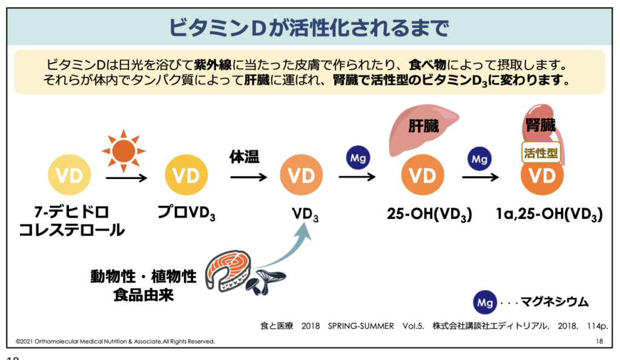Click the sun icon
pyautogui.click(x=124, y=151)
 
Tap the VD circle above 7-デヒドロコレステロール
pyautogui.click(x=70, y=175)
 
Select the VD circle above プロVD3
pyautogui.click(x=186, y=175)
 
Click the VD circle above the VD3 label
pyautogui.click(x=302, y=175)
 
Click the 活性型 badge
pyautogui.click(x=541, y=152)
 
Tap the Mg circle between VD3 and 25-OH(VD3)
pyautogui.click(x=358, y=158)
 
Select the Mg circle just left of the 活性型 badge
pyautogui.click(x=480, y=159)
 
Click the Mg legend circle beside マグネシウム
pyautogui.click(x=485, y=303)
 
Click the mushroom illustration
pyautogui.click(x=265, y=281)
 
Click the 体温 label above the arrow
pyautogui.click(x=245, y=157)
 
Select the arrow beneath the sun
pyautogui.click(x=127, y=178)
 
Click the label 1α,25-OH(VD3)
pyautogui.click(x=549, y=214)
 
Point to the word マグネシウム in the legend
pyautogui.click(x=555, y=302)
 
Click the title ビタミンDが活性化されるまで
pyautogui.click(x=309, y=28)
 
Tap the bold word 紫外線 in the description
pyautogui.click(x=213, y=64)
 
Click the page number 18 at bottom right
pyautogui.click(x=599, y=341)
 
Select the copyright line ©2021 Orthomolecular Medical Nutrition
pyautogui.click(x=116, y=341)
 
